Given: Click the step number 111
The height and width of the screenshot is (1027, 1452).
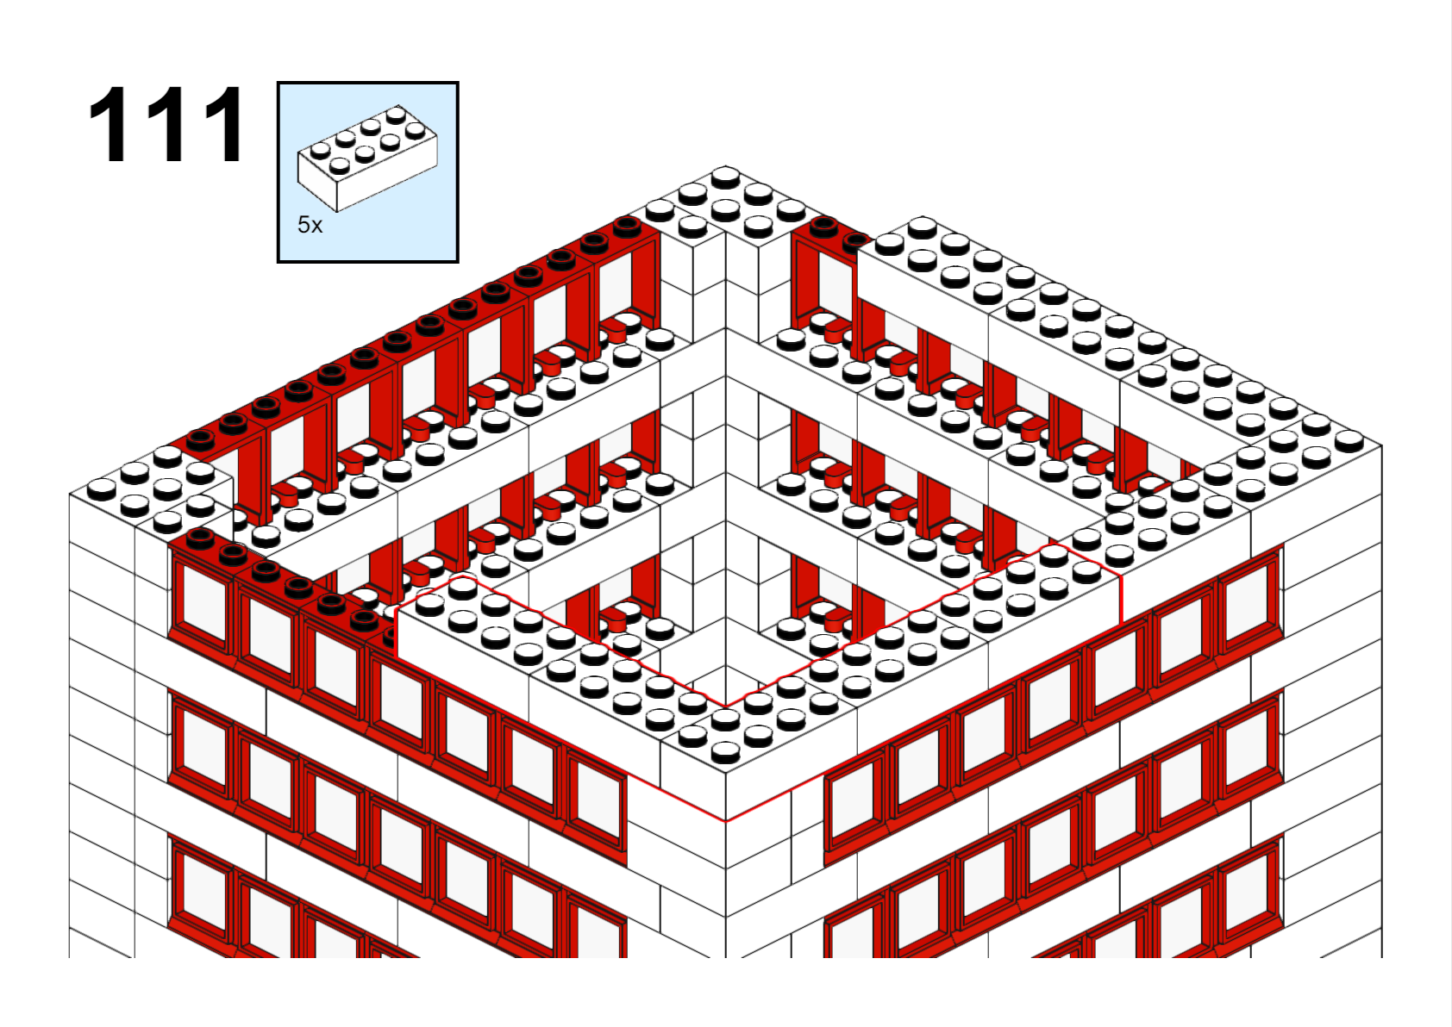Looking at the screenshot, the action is tap(166, 124).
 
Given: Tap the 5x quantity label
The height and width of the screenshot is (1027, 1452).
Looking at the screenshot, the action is tap(310, 225).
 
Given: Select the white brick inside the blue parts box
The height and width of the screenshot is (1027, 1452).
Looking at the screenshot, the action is tap(367, 158).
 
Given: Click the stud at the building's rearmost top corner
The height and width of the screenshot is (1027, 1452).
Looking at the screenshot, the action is tap(725, 176).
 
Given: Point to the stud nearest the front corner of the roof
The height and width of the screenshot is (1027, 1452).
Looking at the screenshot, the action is tap(725, 751).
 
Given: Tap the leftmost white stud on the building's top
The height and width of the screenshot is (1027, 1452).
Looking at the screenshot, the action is tap(102, 489).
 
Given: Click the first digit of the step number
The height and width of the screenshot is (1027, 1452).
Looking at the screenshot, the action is tap(107, 124).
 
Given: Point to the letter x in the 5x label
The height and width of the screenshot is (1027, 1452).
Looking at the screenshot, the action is tap(316, 227).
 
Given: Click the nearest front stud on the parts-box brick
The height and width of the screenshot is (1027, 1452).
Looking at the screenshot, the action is tap(339, 166).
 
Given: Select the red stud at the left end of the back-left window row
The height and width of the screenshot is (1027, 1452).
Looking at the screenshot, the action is tap(200, 441).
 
